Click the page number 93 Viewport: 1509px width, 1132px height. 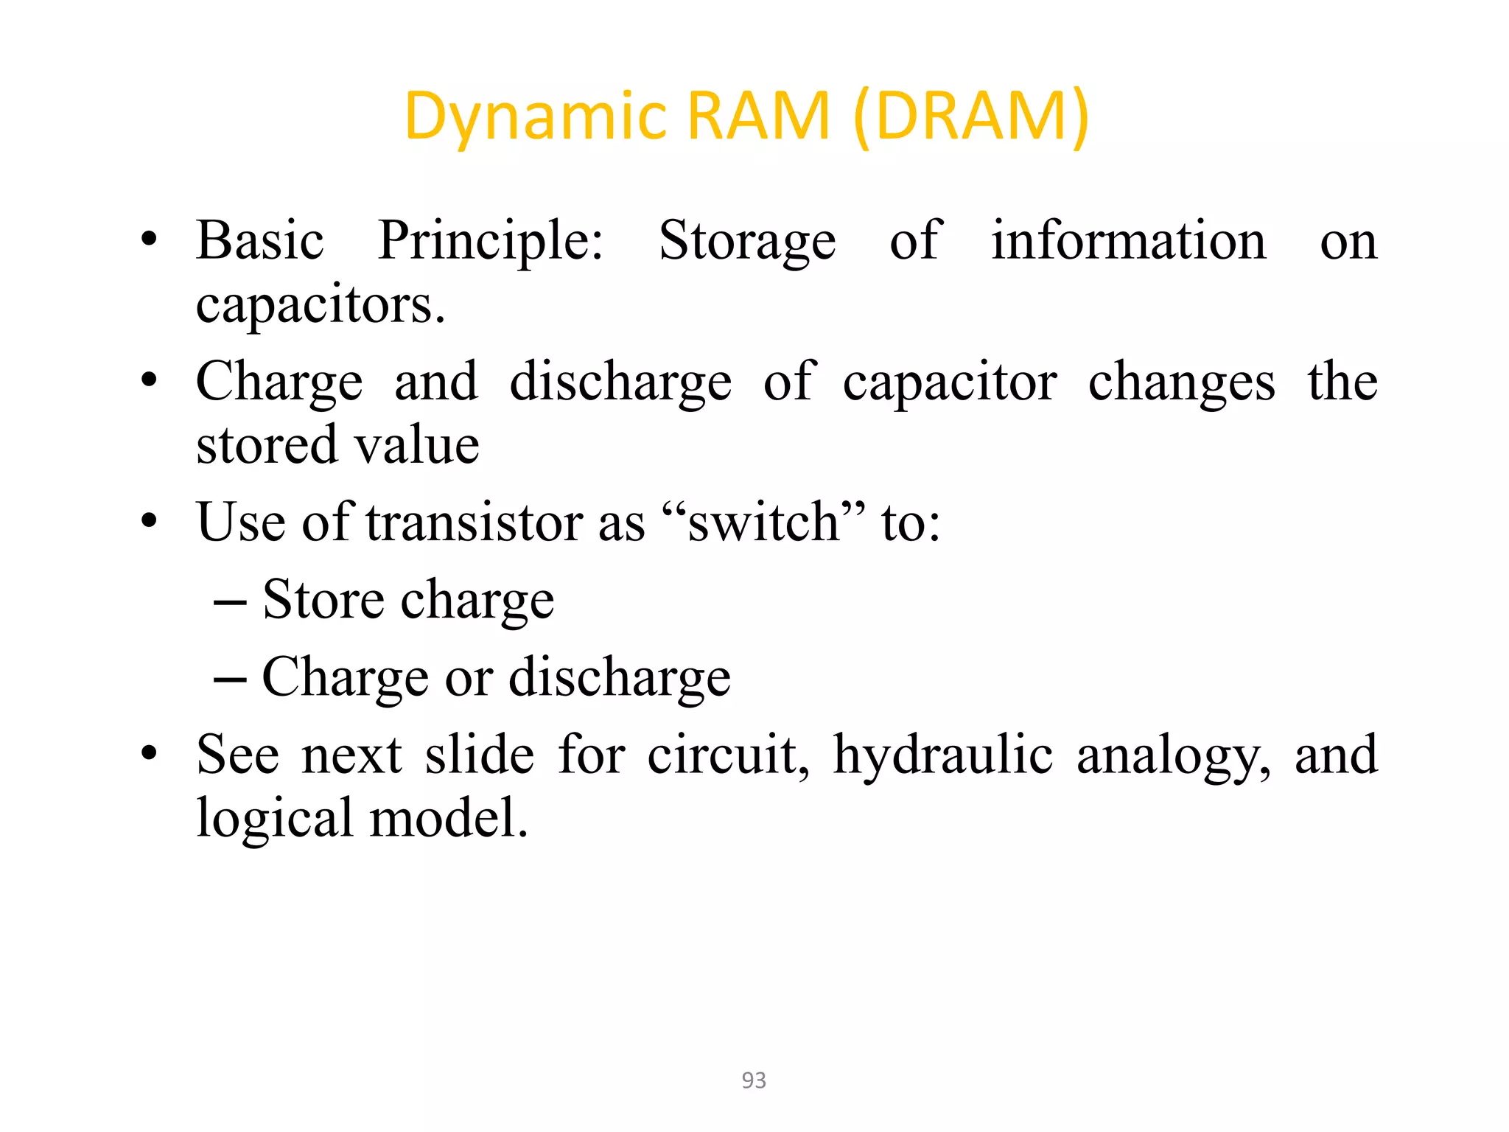click(754, 1080)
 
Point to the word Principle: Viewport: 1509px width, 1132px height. click(490, 242)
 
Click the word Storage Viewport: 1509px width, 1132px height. click(746, 242)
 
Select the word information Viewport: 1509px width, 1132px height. click(1128, 242)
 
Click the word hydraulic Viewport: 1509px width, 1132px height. click(942, 755)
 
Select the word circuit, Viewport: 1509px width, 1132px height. click(728, 755)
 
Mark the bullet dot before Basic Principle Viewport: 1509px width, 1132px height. click(150, 240)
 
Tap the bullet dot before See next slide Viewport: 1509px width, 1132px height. click(150, 753)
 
